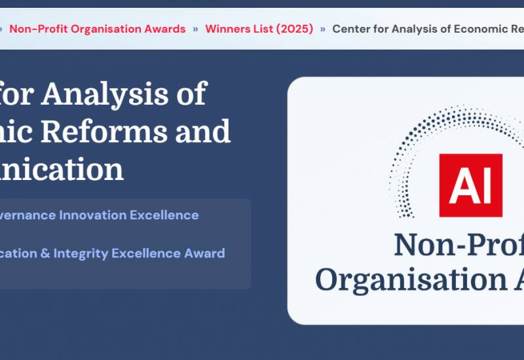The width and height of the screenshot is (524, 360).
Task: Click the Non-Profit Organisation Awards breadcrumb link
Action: coord(98,29)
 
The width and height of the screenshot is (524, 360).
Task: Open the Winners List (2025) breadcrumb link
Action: coord(259,29)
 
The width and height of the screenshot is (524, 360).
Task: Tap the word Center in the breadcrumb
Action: coord(352,29)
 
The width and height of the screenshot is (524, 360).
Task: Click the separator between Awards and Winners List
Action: coord(195,29)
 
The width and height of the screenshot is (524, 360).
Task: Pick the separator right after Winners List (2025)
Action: coord(323,29)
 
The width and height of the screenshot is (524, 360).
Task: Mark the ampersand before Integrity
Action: coord(45,253)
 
